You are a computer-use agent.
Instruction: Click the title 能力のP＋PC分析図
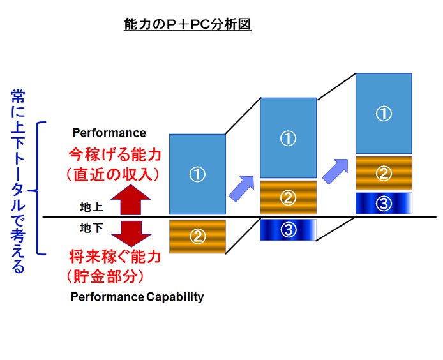[x=188, y=24]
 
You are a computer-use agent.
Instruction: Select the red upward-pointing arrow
[x=131, y=200]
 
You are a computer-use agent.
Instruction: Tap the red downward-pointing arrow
[x=131, y=234]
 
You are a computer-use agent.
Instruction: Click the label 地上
[x=91, y=207]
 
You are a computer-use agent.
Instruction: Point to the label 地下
[x=91, y=228]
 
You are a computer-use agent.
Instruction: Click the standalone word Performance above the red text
[x=109, y=133]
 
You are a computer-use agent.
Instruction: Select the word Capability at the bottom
[x=175, y=297]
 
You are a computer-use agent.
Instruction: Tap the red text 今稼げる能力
[x=115, y=154]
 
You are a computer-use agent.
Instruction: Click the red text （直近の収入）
[x=113, y=175]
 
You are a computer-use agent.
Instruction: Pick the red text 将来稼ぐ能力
[x=115, y=257]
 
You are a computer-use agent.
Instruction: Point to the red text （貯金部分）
[x=105, y=276]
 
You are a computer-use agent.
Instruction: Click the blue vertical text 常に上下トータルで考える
[x=18, y=181]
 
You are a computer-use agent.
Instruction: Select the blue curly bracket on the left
[x=38, y=188]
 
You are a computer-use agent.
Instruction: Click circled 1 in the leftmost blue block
[x=197, y=174]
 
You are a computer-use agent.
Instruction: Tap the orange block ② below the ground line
[x=197, y=236]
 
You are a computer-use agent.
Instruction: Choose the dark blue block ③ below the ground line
[x=288, y=230]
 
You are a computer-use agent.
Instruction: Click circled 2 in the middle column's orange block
[x=288, y=198]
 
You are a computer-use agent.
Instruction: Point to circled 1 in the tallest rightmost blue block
[x=384, y=114]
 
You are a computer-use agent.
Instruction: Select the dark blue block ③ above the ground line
[x=384, y=203]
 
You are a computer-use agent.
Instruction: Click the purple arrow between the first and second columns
[x=242, y=188]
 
